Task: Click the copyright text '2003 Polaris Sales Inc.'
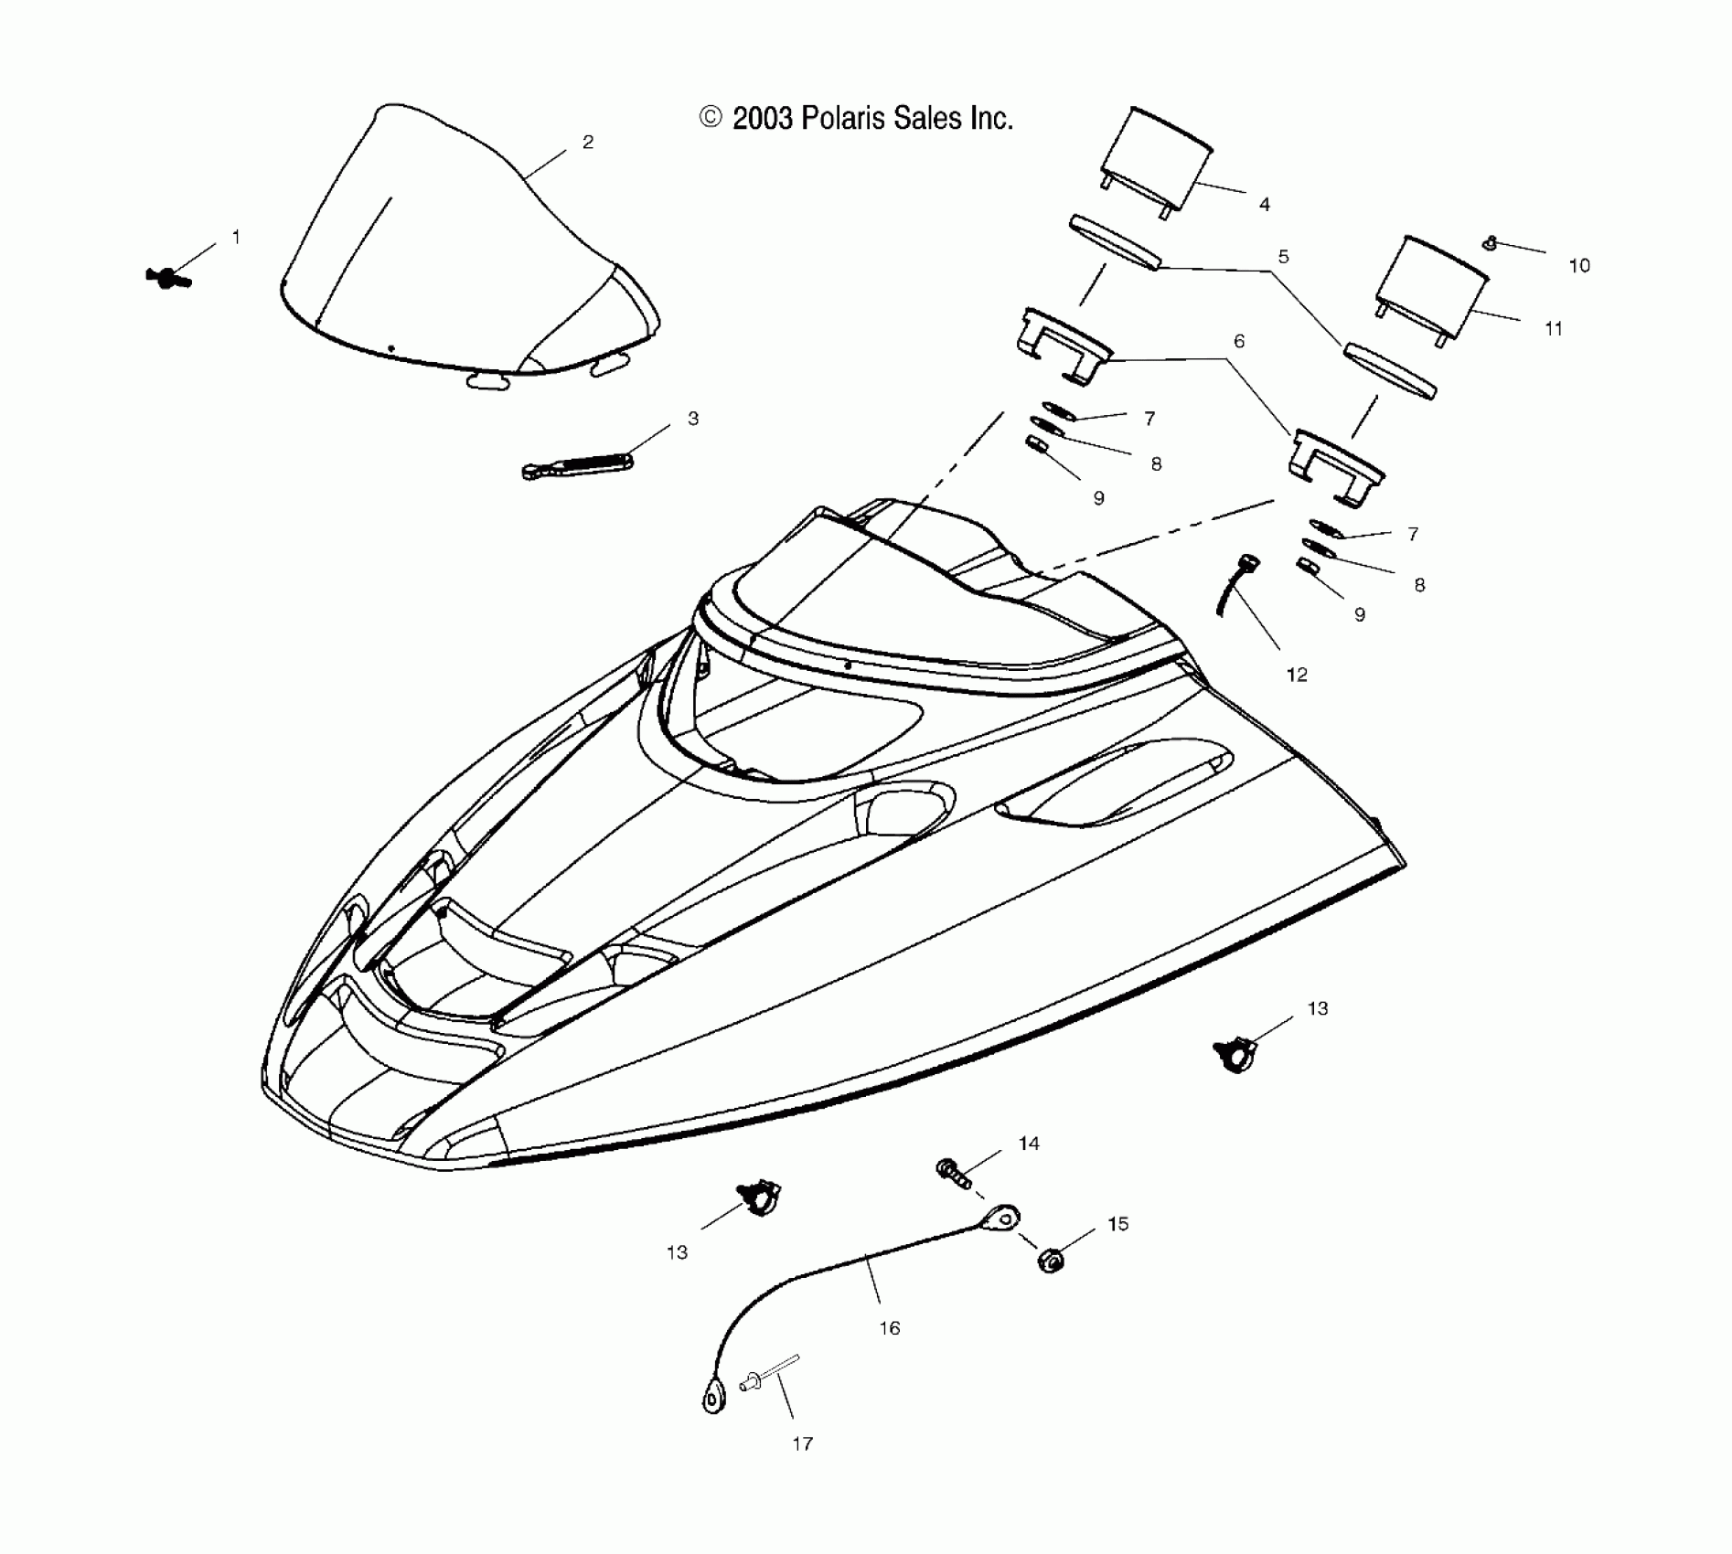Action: [871, 119]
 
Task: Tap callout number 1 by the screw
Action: [236, 238]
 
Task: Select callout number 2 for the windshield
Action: [588, 142]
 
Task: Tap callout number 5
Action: [1283, 257]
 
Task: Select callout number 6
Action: [1239, 341]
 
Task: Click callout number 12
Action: [1297, 675]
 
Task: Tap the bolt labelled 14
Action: [953, 1172]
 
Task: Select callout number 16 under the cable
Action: [890, 1328]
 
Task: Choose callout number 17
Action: [802, 1444]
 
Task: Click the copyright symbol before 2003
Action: [711, 117]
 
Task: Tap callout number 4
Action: [1265, 205]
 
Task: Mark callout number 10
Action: [1579, 266]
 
